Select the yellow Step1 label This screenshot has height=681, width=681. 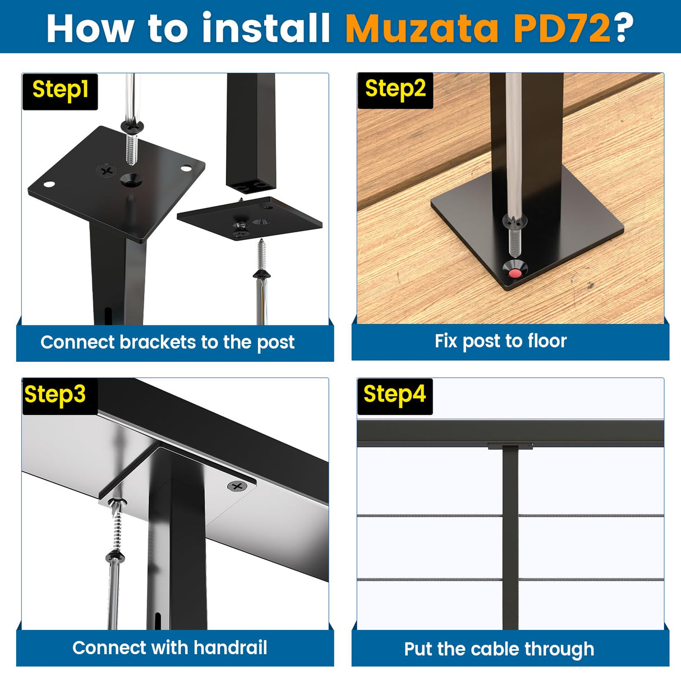(60, 90)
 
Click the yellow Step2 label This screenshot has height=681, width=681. (395, 89)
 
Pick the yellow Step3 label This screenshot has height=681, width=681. (55, 394)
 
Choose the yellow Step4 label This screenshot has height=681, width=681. (394, 394)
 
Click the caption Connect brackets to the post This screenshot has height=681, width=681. (167, 342)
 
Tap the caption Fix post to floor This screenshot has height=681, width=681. (500, 341)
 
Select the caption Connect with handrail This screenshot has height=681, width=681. (169, 648)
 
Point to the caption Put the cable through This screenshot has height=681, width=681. (499, 649)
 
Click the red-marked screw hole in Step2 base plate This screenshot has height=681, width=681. (514, 273)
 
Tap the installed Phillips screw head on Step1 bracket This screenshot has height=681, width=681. (106, 169)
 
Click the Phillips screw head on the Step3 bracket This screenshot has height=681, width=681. (237, 486)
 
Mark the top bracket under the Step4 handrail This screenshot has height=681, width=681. (510, 446)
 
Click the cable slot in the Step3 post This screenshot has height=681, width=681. (158, 620)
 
